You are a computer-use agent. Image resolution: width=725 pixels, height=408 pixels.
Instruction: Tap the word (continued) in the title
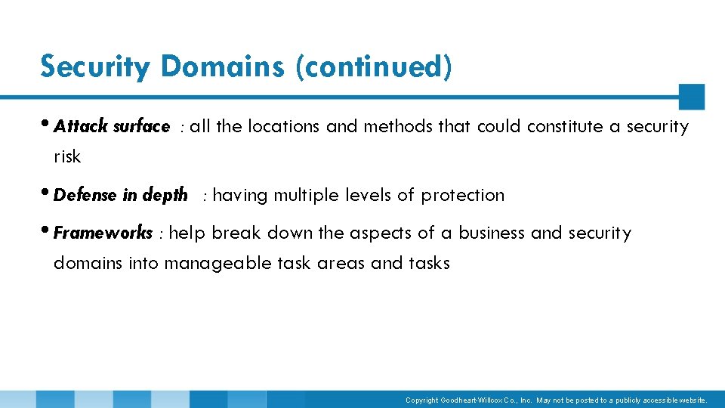click(374, 66)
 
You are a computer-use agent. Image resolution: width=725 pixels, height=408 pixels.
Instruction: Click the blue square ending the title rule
click(691, 97)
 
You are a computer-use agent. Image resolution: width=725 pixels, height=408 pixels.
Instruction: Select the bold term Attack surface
click(112, 127)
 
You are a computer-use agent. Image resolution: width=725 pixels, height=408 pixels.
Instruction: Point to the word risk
click(66, 157)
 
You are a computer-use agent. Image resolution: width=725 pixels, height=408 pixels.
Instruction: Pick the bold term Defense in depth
click(121, 195)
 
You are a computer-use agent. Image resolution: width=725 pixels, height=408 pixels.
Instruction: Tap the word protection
click(462, 195)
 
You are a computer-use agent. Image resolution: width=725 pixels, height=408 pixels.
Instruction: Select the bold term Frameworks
click(103, 233)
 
